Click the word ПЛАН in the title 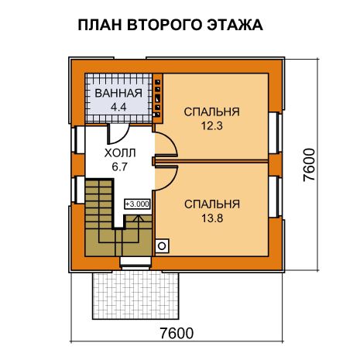click(x=100, y=25)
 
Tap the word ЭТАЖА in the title click(x=235, y=25)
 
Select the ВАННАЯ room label click(x=118, y=93)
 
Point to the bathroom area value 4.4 click(x=118, y=107)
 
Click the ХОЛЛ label click(x=120, y=153)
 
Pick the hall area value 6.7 click(x=119, y=167)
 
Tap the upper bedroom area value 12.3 click(x=212, y=126)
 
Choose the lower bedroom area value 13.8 click(x=212, y=218)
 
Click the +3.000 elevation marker click(x=137, y=204)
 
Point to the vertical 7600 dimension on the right click(x=309, y=165)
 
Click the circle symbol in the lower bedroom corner click(x=162, y=246)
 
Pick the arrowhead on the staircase click(x=139, y=218)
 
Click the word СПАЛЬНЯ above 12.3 click(x=212, y=111)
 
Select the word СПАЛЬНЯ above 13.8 click(x=212, y=204)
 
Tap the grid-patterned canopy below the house click(x=135, y=295)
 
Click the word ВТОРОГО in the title click(x=164, y=25)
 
